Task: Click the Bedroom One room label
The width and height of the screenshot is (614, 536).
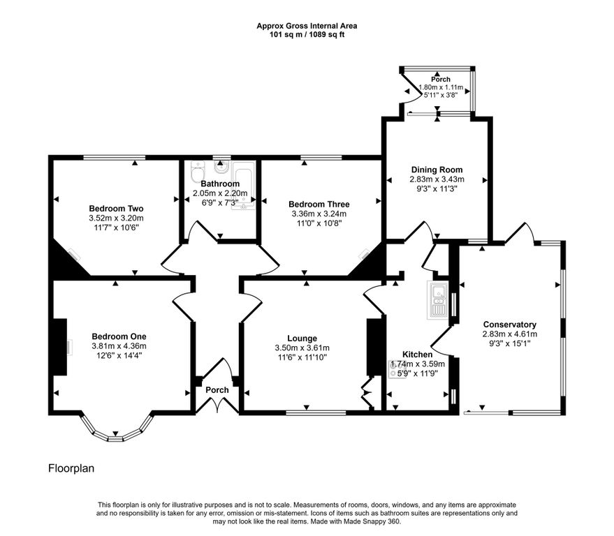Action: tap(119, 336)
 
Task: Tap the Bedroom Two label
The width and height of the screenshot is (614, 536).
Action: tap(116, 209)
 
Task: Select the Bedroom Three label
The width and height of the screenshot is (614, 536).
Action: tap(319, 204)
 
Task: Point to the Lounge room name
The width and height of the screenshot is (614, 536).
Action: tap(302, 338)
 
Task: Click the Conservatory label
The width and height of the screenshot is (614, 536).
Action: tap(510, 325)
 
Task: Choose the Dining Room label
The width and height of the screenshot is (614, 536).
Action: tap(437, 170)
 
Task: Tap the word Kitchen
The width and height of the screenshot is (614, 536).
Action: tap(418, 355)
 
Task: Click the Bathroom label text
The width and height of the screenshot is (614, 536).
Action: tap(220, 184)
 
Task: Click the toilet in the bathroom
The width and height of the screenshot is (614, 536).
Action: tap(198, 172)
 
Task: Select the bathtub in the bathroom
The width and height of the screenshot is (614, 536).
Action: tap(243, 186)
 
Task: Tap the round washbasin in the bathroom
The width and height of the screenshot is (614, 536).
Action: tap(221, 168)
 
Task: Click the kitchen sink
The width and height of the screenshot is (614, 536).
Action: tap(438, 300)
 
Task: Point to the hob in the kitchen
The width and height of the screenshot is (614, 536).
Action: tap(393, 369)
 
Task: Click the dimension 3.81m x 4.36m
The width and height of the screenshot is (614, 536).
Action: tap(119, 346)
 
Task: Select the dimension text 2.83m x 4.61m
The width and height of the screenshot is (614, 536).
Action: tap(510, 334)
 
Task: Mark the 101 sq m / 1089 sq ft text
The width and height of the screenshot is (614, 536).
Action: tap(307, 34)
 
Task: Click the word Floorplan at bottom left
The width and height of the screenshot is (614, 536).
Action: tap(71, 468)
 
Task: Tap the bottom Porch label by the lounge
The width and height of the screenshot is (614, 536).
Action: tap(217, 390)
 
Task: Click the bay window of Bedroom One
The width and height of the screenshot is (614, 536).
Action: tap(116, 431)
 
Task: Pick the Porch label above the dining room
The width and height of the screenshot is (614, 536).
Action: tap(441, 80)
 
